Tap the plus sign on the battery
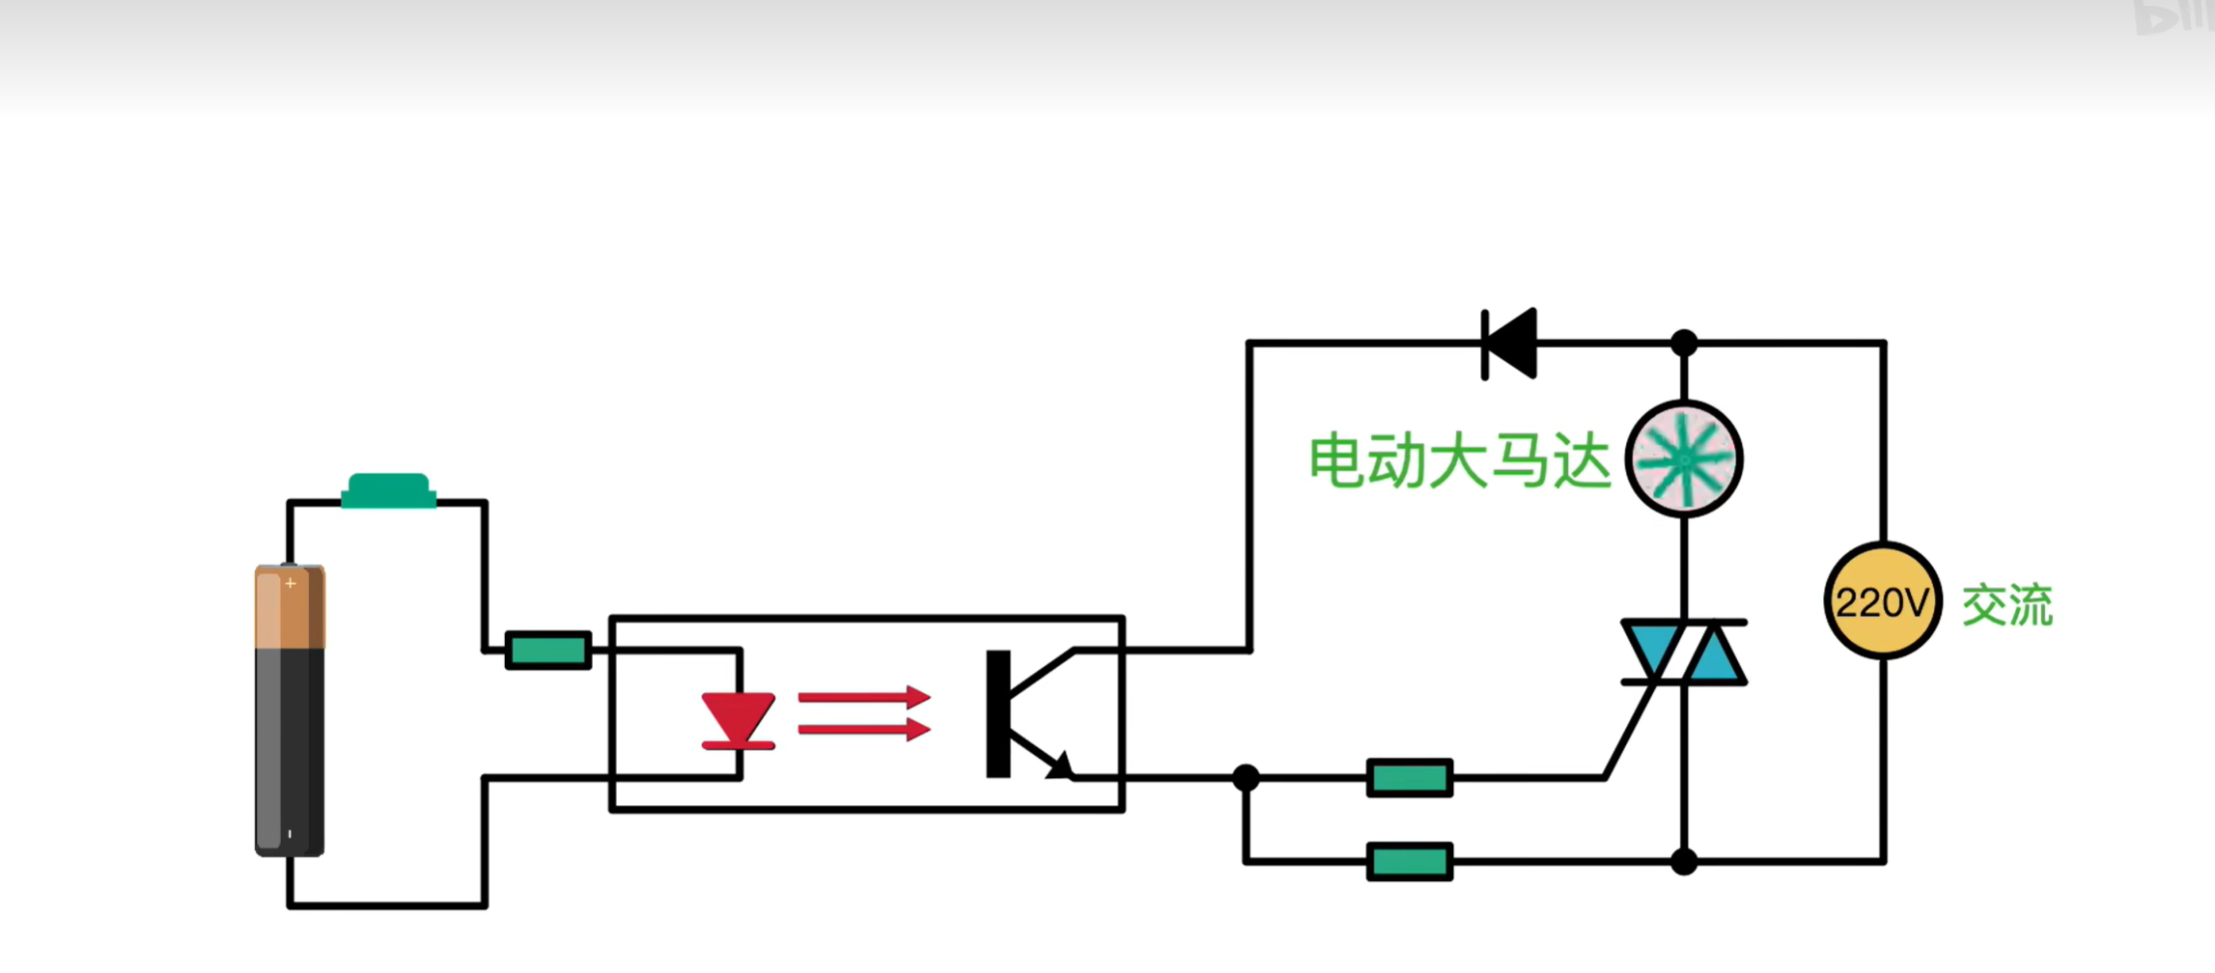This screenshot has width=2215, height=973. [290, 583]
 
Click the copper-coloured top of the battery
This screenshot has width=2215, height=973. [290, 608]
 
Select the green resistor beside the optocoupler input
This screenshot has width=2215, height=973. [548, 651]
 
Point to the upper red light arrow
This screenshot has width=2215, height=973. [863, 697]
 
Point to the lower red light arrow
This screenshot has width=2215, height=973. [863, 728]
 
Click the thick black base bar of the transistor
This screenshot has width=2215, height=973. [998, 713]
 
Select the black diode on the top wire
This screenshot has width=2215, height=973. [1510, 344]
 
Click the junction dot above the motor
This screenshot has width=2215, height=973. [1684, 343]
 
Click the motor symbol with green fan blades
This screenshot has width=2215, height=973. [1684, 459]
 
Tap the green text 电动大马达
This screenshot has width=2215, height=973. [1459, 461]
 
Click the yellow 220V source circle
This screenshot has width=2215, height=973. [1883, 601]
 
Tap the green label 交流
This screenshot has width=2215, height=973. [2007, 605]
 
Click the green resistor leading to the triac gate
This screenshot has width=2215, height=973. [1410, 778]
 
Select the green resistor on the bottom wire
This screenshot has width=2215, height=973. [1410, 862]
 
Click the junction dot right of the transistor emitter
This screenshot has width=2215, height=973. [1247, 777]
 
